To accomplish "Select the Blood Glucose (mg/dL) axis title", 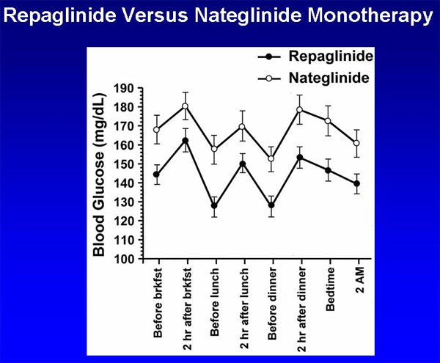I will point(99,174).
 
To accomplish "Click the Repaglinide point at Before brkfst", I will point(157,175).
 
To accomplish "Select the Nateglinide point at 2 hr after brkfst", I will point(186,106).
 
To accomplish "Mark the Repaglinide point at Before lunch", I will point(214,205).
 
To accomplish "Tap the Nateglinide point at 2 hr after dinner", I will point(300,110).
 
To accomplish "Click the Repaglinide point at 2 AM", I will point(357,183).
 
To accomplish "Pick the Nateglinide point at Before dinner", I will point(271,158).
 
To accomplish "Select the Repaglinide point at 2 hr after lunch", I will point(243,164).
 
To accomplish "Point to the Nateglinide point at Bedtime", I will point(329,121).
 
